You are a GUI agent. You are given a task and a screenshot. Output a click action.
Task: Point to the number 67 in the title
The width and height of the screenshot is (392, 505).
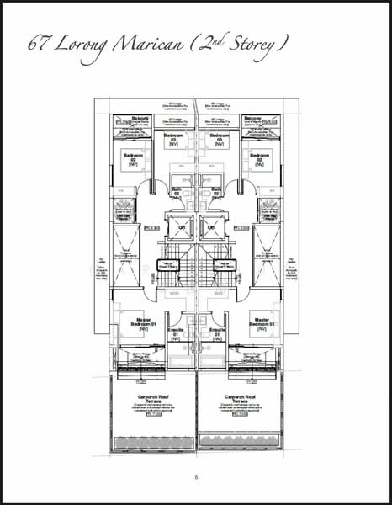[x=37, y=42]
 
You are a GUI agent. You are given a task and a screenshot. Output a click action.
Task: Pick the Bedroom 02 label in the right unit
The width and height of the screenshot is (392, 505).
[x=260, y=158]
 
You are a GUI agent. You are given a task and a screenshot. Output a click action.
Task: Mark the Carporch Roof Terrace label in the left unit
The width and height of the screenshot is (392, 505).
[x=153, y=399]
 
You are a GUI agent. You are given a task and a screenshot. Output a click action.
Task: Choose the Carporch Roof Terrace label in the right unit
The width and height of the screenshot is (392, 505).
[x=241, y=399]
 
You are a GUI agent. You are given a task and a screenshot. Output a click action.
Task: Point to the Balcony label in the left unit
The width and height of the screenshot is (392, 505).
[x=140, y=118]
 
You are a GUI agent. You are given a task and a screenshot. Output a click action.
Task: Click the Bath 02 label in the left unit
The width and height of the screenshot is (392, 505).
[x=177, y=192]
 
